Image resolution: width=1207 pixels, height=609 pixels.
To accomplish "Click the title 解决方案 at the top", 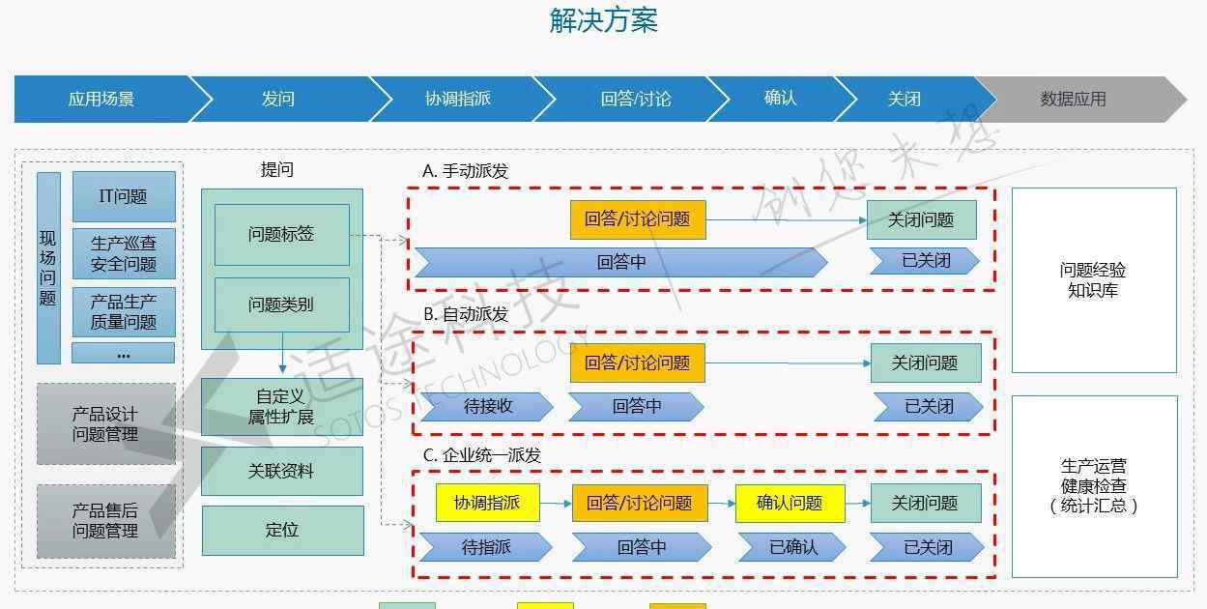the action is tap(603, 21).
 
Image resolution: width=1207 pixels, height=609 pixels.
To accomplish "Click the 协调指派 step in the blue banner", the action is tap(458, 100).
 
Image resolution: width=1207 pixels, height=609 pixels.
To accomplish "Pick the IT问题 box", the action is tap(124, 196).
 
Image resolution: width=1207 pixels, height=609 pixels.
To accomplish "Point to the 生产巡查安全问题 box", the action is tap(124, 254).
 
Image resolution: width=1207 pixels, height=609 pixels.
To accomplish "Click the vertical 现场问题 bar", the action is tap(48, 269).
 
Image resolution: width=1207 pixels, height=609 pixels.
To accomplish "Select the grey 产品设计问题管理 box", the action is tap(106, 424).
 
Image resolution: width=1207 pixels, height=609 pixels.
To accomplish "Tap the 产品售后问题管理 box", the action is tap(106, 521).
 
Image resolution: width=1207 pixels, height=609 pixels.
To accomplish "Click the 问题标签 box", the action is tap(282, 235).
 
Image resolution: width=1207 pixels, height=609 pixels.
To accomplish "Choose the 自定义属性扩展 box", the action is tap(282, 406).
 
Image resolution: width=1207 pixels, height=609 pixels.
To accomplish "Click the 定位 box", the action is tap(282, 531).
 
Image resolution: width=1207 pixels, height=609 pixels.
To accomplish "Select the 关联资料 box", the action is tap(282, 471).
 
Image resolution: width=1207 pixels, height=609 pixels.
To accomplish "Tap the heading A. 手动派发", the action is tap(466, 171).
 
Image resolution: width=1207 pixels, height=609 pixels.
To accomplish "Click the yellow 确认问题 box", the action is tap(790, 503).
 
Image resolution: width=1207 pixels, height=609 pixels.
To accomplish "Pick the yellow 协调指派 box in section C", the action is tap(488, 503).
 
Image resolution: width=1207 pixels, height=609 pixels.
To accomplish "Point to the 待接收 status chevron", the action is tap(487, 406).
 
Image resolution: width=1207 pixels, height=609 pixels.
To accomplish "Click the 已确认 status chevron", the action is tap(792, 547).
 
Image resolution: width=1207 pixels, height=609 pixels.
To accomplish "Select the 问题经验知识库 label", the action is tap(1093, 280).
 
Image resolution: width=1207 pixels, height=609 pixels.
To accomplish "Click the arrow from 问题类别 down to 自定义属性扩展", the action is tap(282, 353).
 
